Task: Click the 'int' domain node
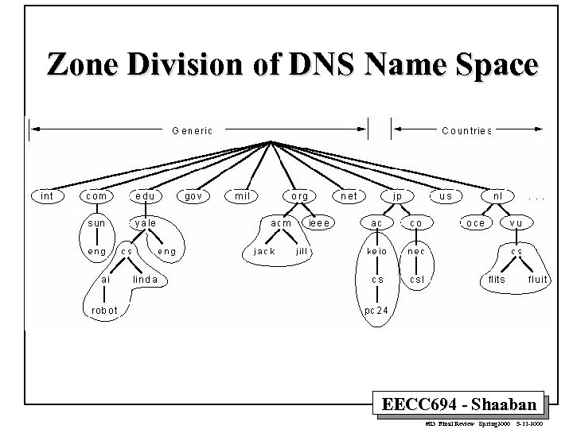point(47,195)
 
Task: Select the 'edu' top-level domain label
point(145,195)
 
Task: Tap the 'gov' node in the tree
point(193,195)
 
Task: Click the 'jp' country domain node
point(396,195)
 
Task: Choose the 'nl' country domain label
point(497,195)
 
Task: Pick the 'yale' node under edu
point(145,223)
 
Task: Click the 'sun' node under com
point(96,223)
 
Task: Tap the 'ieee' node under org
point(319,223)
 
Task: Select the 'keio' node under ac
point(376,251)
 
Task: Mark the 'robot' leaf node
point(104,309)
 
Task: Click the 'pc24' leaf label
point(377,309)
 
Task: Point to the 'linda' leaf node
point(145,280)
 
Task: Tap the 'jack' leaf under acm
point(263,251)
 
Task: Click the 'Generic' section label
point(192,130)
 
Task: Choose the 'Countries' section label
point(466,130)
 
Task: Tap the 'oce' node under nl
point(475,223)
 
